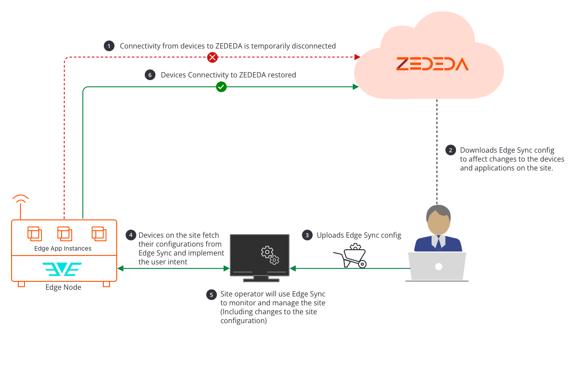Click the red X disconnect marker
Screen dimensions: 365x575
[213, 57]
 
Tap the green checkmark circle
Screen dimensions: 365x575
[221, 87]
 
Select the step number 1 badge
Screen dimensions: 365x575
[109, 46]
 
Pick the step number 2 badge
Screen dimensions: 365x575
[451, 150]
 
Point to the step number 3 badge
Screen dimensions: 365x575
[307, 235]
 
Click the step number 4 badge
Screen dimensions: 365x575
[130, 235]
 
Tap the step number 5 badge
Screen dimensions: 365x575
[212, 294]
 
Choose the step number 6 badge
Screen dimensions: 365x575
[150, 75]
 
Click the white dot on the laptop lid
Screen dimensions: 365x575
[438, 266]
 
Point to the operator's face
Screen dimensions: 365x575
[438, 223]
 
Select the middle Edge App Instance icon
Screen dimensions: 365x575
[65, 234]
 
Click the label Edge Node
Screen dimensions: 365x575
[63, 288]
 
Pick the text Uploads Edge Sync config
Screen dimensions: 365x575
[359, 235]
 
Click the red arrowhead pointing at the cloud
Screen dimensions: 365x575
[357, 57]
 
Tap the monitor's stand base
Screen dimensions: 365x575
[261, 280]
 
